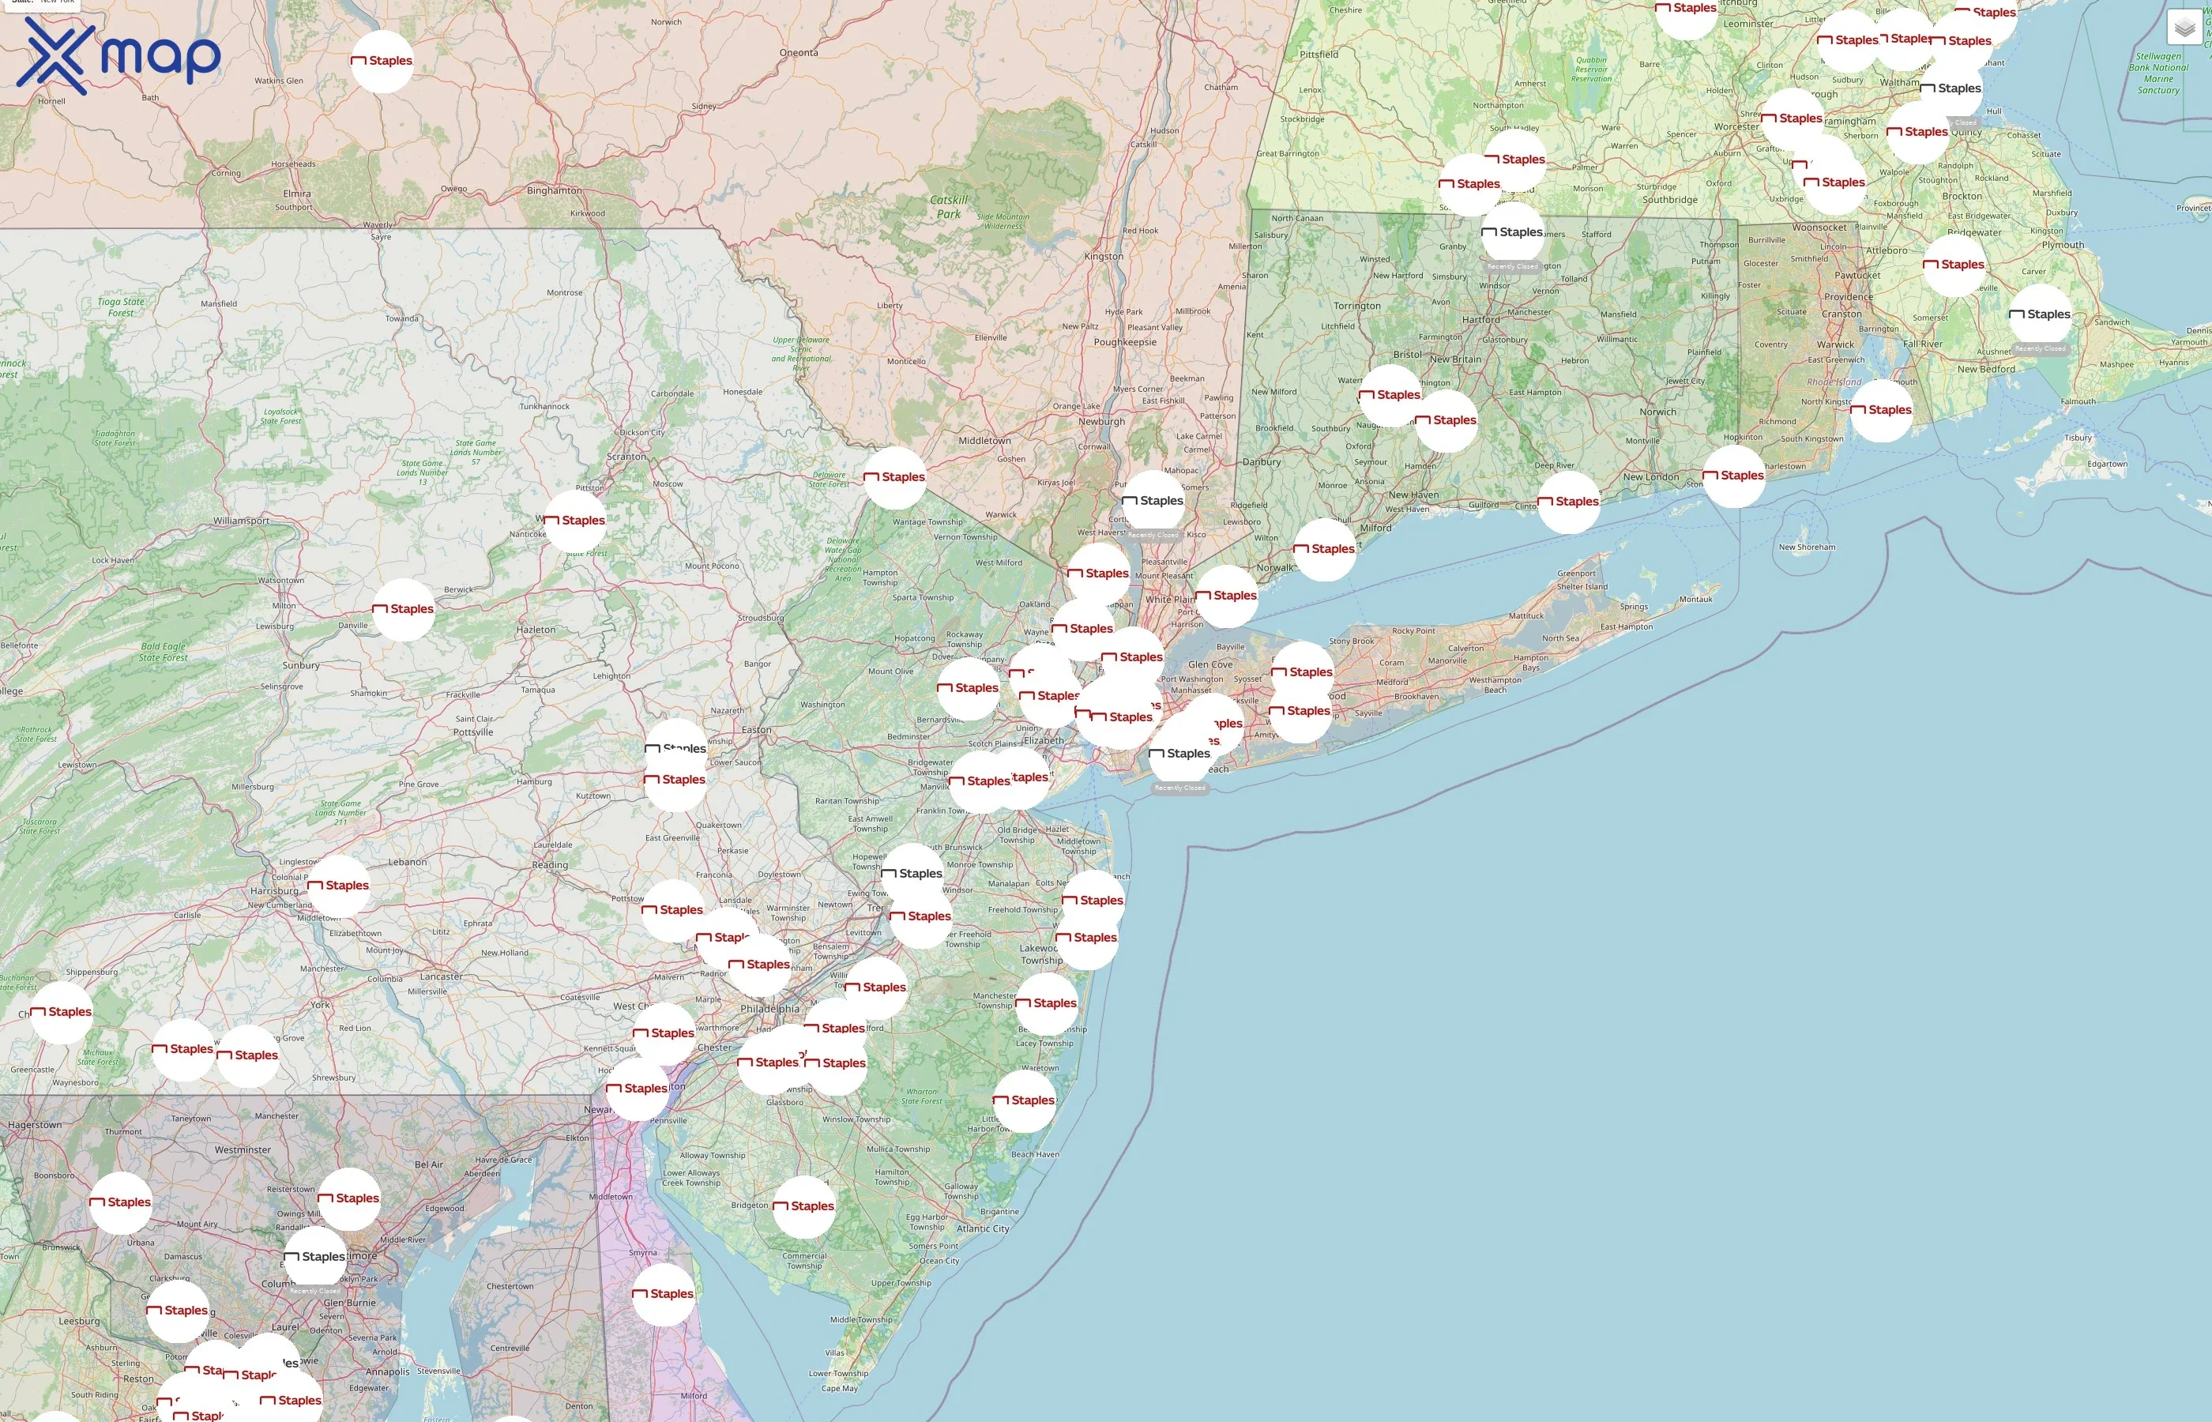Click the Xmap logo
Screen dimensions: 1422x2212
coord(118,55)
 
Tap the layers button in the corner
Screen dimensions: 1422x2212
coord(2184,28)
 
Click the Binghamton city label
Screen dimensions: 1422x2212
coord(554,191)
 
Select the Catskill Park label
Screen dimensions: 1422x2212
coord(948,207)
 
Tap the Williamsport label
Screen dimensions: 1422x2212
coord(241,521)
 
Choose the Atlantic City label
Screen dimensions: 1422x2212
coord(982,1229)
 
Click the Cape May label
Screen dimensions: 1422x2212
coord(839,1388)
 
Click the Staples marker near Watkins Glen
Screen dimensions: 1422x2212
coord(382,61)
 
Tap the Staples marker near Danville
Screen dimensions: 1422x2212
coord(404,609)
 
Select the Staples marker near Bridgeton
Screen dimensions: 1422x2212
coord(803,1206)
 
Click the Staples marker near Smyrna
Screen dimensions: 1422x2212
coord(663,1294)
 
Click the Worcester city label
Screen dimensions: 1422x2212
coord(1736,127)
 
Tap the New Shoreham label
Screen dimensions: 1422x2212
coord(1807,547)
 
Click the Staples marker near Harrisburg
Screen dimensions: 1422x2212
coord(339,886)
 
